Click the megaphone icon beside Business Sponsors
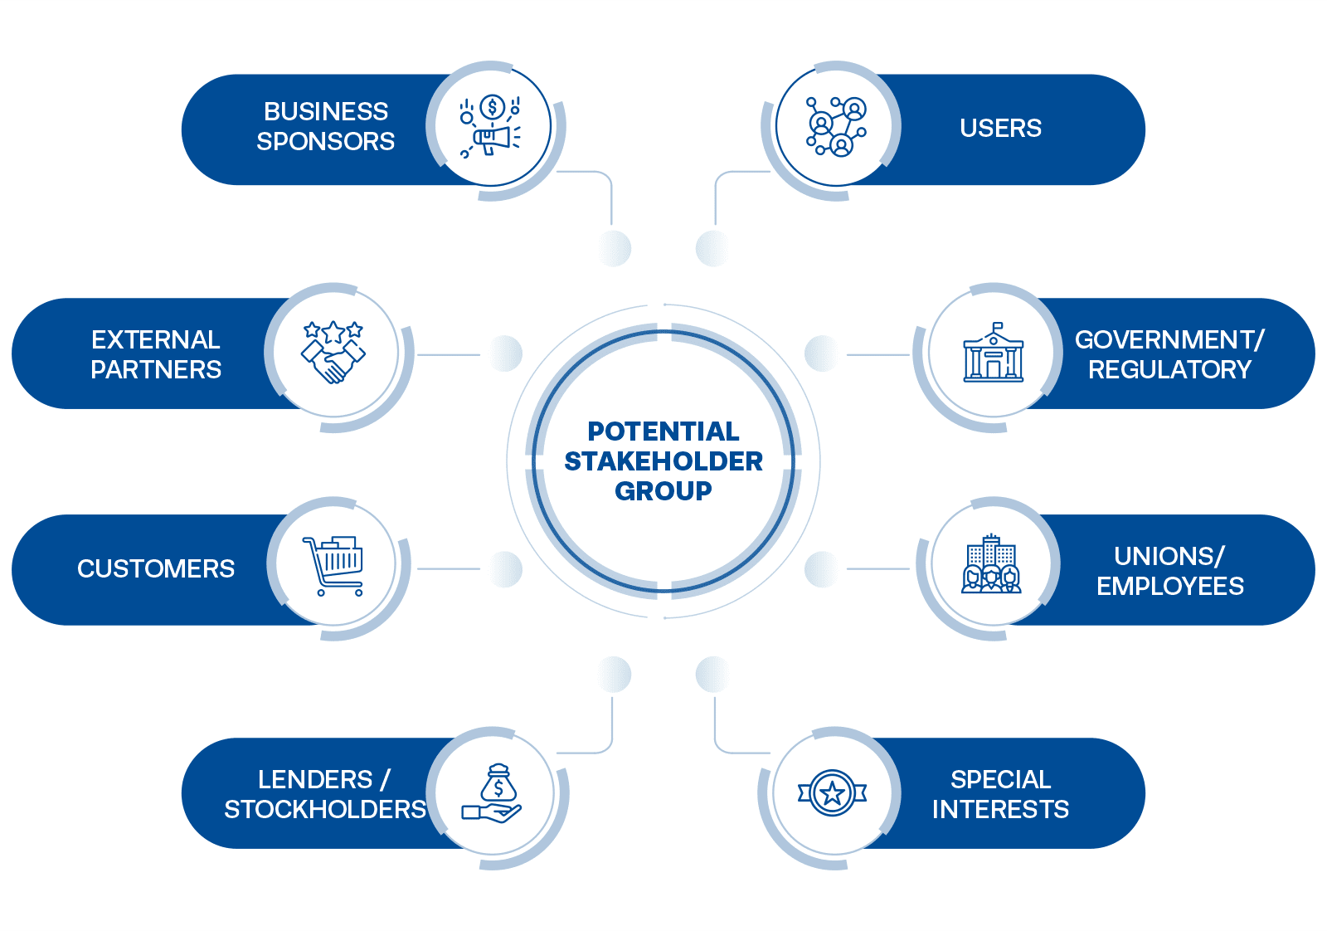click(x=491, y=129)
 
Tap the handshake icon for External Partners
click(x=333, y=353)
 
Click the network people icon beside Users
click(x=836, y=127)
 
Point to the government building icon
click(x=993, y=354)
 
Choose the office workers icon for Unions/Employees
click(x=991, y=565)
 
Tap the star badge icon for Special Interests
click(x=832, y=793)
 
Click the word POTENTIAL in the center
click(x=663, y=431)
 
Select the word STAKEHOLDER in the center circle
click(x=663, y=461)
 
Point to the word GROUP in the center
click(x=663, y=491)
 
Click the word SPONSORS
click(x=325, y=142)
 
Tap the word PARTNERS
click(x=156, y=370)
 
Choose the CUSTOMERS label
click(x=156, y=569)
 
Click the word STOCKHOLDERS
click(x=325, y=810)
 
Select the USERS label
click(x=1000, y=129)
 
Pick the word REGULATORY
click(x=1169, y=370)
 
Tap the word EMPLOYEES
click(x=1169, y=587)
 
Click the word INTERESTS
click(x=1000, y=810)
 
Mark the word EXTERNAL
click(x=156, y=340)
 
